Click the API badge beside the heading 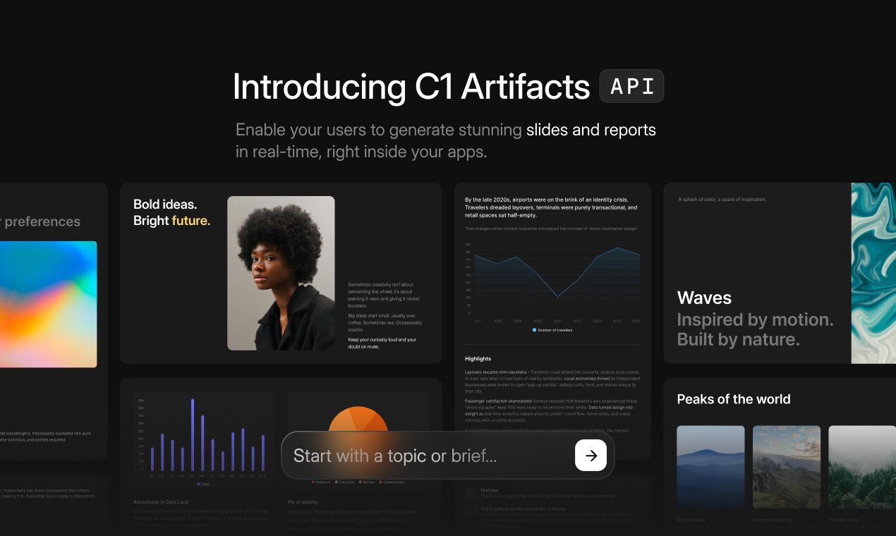coord(631,86)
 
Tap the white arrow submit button coord(591,456)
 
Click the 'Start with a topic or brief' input coord(423,456)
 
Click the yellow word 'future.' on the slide coord(190,221)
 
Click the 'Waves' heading coord(704,298)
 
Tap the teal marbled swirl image coord(873,273)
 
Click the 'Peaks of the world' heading coord(733,399)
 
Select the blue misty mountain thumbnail coord(710,467)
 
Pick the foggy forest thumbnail coord(861,467)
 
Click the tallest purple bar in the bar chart coord(193,434)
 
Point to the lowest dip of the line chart coord(557,296)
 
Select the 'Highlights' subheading coord(478,359)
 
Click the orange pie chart coord(358,420)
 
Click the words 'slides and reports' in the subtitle coord(591,130)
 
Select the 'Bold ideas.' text coord(165,205)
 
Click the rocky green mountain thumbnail coord(786,467)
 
